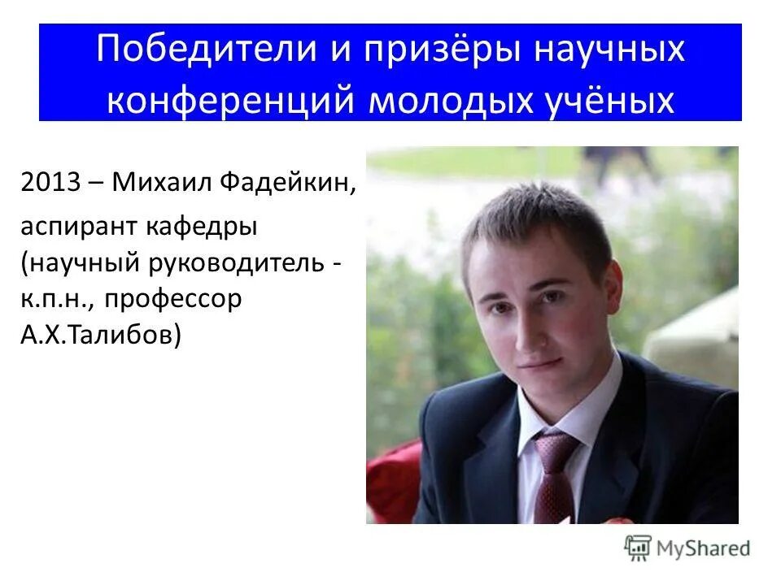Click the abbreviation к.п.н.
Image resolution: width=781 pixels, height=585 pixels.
coord(54,299)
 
